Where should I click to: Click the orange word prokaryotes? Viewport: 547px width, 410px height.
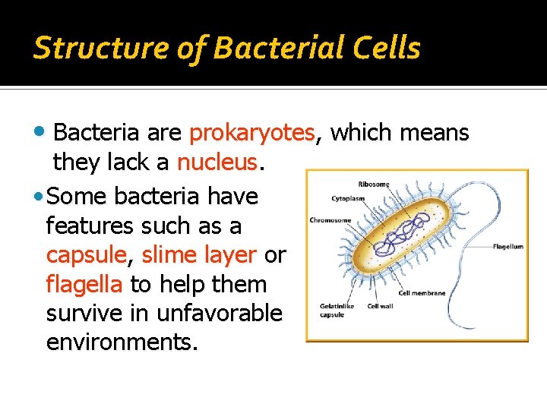tap(251, 134)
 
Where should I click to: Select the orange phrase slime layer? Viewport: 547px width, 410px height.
tap(199, 255)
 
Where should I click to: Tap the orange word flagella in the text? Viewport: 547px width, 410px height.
tap(84, 285)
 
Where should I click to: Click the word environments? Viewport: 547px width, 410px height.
tap(121, 342)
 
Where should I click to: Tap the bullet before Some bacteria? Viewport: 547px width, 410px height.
tap(40, 197)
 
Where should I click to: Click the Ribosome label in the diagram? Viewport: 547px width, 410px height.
tap(373, 184)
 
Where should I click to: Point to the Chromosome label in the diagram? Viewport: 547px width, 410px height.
tap(330, 220)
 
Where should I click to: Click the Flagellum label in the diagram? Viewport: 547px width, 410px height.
tap(507, 246)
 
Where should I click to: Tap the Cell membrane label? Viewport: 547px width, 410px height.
tap(422, 293)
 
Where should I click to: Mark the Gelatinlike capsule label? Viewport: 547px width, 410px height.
tap(333, 311)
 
